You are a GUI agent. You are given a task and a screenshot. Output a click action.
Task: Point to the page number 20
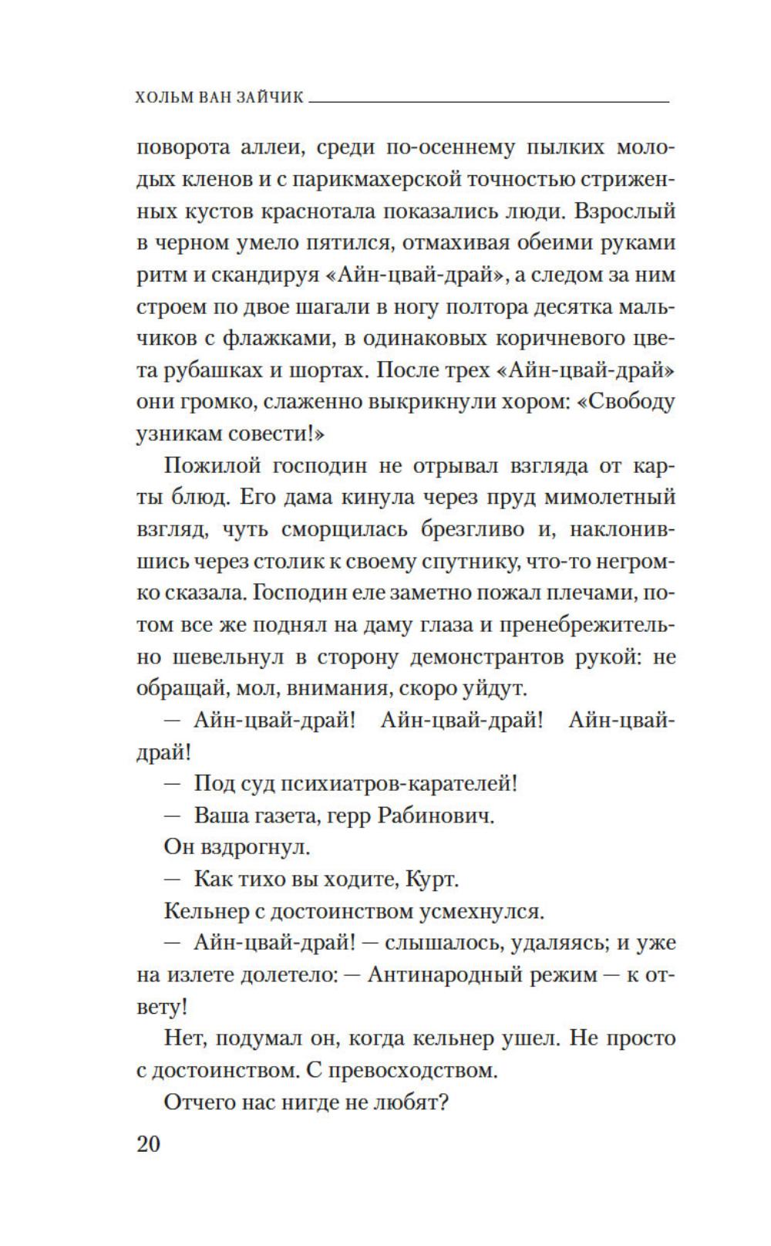(148, 1143)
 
